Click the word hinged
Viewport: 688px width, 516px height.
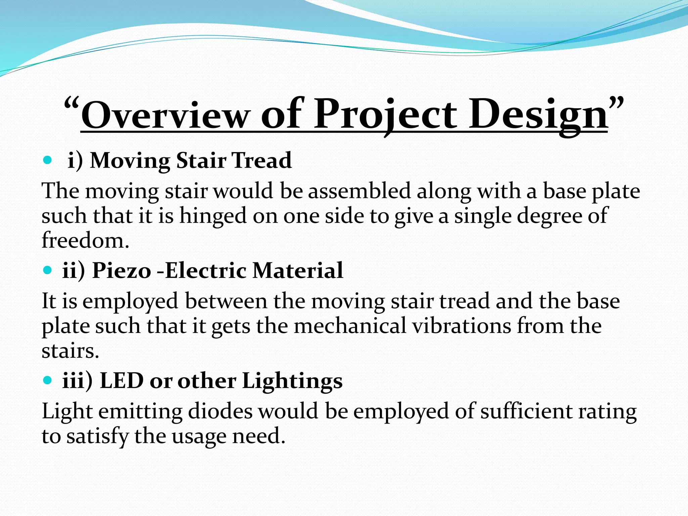[x=213, y=216]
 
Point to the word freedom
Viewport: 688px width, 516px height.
[x=85, y=241]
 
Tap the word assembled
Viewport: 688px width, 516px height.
[x=359, y=191]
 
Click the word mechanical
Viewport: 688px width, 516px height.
[x=350, y=326]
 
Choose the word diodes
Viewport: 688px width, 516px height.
[x=220, y=412]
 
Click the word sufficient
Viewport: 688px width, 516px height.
[x=526, y=412]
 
